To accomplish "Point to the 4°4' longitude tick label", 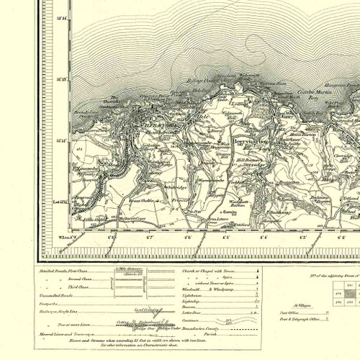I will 264,235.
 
